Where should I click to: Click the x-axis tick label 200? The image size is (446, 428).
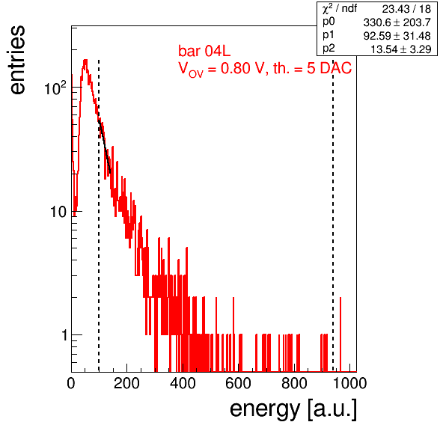click(x=126, y=383)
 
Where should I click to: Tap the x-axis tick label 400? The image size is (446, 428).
click(x=183, y=383)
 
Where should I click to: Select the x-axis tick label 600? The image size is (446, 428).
click(x=239, y=383)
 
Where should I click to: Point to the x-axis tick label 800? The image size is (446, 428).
click(x=294, y=383)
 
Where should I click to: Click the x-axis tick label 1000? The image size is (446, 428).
click(x=349, y=383)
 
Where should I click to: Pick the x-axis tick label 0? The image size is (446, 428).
click(x=71, y=383)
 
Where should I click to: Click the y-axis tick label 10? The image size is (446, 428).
click(x=59, y=212)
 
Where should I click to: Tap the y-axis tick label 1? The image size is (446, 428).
click(x=64, y=335)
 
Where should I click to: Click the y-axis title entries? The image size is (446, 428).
click(x=16, y=60)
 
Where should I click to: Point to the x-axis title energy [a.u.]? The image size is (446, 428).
click(x=293, y=410)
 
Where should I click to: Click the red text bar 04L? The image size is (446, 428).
click(x=204, y=51)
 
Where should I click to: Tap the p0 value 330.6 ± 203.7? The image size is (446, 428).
click(x=397, y=22)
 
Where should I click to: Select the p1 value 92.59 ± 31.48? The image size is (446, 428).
click(x=397, y=36)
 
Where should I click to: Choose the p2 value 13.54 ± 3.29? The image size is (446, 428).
click(x=401, y=49)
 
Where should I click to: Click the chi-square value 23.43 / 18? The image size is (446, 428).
click(x=406, y=9)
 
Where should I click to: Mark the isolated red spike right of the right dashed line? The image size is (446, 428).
click(x=340, y=334)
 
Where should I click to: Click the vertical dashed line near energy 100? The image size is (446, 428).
click(x=99, y=215)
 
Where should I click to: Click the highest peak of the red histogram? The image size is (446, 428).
click(x=85, y=61)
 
